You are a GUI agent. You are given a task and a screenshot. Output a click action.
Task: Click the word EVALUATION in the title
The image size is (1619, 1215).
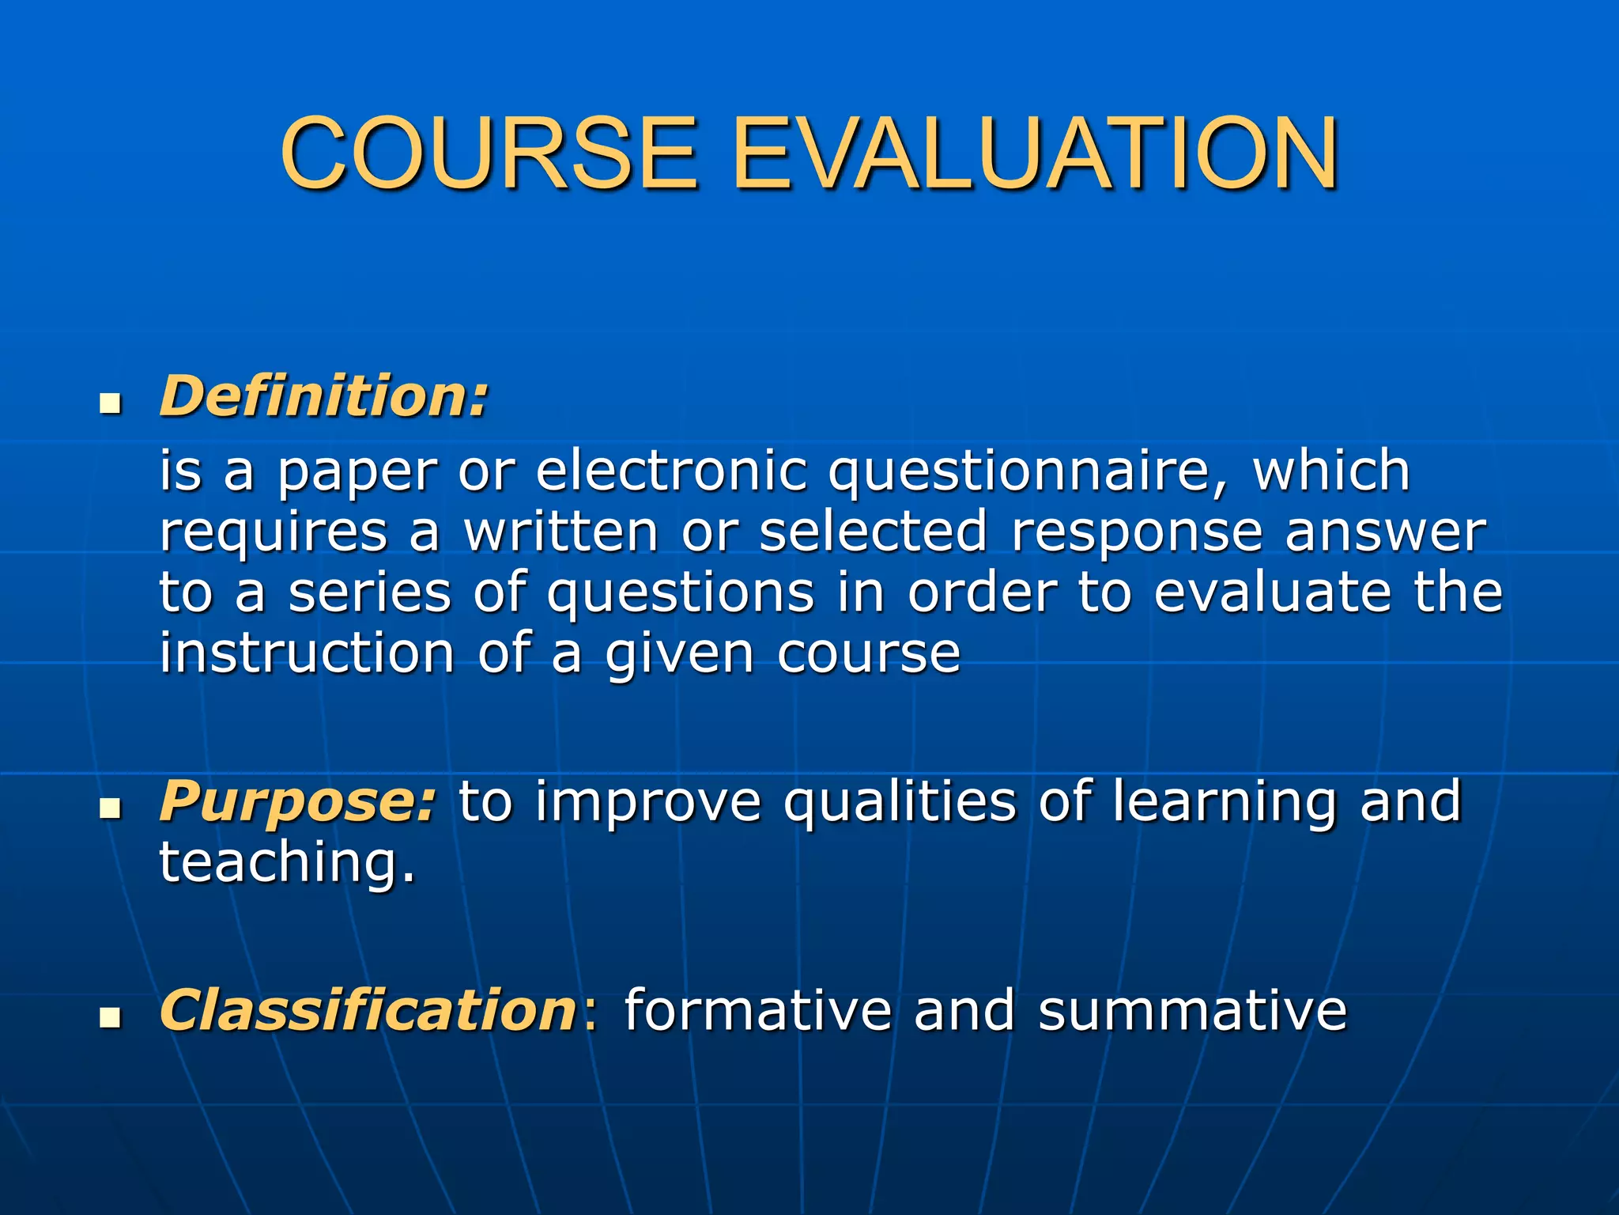click(x=1036, y=154)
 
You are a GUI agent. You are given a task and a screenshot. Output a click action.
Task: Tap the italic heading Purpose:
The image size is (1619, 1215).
click(x=297, y=802)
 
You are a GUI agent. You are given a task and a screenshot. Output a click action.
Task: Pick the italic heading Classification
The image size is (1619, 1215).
click(x=368, y=1010)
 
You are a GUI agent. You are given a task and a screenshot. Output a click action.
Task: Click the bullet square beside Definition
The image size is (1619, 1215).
click(x=111, y=406)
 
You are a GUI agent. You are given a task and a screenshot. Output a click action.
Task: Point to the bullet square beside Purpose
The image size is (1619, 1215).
click(x=111, y=810)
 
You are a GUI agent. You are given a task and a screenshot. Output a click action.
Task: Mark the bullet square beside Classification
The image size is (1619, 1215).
click(x=111, y=1019)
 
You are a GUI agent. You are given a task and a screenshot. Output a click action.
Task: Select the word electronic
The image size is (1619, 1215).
click(x=672, y=471)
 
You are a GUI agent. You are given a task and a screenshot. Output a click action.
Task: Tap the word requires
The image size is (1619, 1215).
click(x=274, y=533)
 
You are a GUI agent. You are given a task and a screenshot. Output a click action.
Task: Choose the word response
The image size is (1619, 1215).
click(x=1137, y=533)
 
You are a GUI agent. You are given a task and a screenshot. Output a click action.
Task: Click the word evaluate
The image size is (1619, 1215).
click(x=1272, y=592)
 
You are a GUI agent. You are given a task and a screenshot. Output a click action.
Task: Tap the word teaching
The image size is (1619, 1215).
click(x=286, y=864)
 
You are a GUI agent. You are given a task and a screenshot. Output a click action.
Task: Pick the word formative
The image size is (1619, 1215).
click(x=757, y=1011)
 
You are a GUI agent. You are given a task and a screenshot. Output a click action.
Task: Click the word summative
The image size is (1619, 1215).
click(x=1192, y=1011)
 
